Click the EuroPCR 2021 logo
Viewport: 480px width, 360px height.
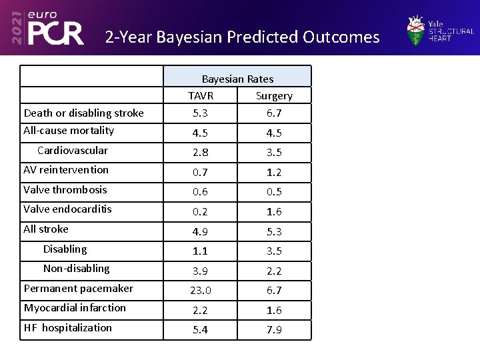[x=46, y=28]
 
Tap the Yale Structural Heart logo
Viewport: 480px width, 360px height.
[x=440, y=31]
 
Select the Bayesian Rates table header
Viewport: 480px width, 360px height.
[x=237, y=79]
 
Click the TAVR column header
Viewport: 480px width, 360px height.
[x=200, y=95]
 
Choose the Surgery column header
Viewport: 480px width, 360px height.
[x=274, y=95]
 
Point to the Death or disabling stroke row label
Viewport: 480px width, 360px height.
[x=83, y=113]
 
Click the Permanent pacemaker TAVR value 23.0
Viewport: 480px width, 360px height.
[x=200, y=291]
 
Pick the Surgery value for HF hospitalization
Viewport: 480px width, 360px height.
[x=274, y=330]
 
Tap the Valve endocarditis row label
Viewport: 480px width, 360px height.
[x=67, y=209]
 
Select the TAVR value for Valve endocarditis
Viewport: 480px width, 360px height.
[x=200, y=211]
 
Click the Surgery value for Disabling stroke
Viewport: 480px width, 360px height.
[x=274, y=251]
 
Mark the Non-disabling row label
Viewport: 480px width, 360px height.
[x=76, y=268]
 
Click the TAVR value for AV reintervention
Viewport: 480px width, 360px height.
[x=200, y=172]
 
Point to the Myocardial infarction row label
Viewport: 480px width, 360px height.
[x=75, y=307]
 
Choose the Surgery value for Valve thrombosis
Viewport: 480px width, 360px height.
[x=274, y=192]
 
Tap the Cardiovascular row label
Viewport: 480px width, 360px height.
[x=72, y=150]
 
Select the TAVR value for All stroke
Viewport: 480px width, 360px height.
[x=200, y=231]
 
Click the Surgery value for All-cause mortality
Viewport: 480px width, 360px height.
[x=274, y=133]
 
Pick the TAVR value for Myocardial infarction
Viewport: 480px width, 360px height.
[x=200, y=310]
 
